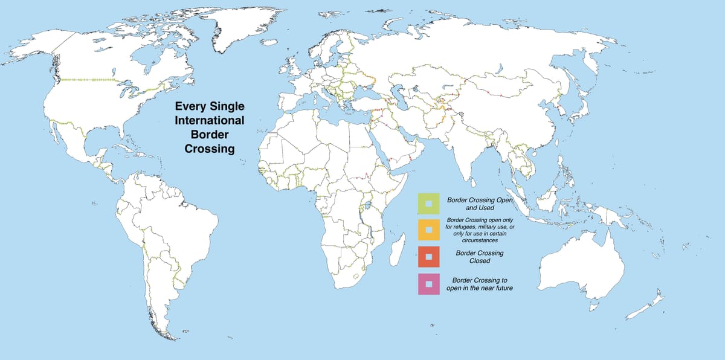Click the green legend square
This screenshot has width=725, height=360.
(428, 204)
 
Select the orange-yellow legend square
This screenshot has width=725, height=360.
(428, 230)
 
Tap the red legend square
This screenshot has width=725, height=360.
(428, 257)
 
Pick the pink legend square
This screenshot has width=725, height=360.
(428, 283)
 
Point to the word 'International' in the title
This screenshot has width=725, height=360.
(209, 121)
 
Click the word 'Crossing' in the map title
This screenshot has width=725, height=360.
(209, 149)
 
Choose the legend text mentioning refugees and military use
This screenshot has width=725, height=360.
(480, 230)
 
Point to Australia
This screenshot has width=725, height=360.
(580, 266)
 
